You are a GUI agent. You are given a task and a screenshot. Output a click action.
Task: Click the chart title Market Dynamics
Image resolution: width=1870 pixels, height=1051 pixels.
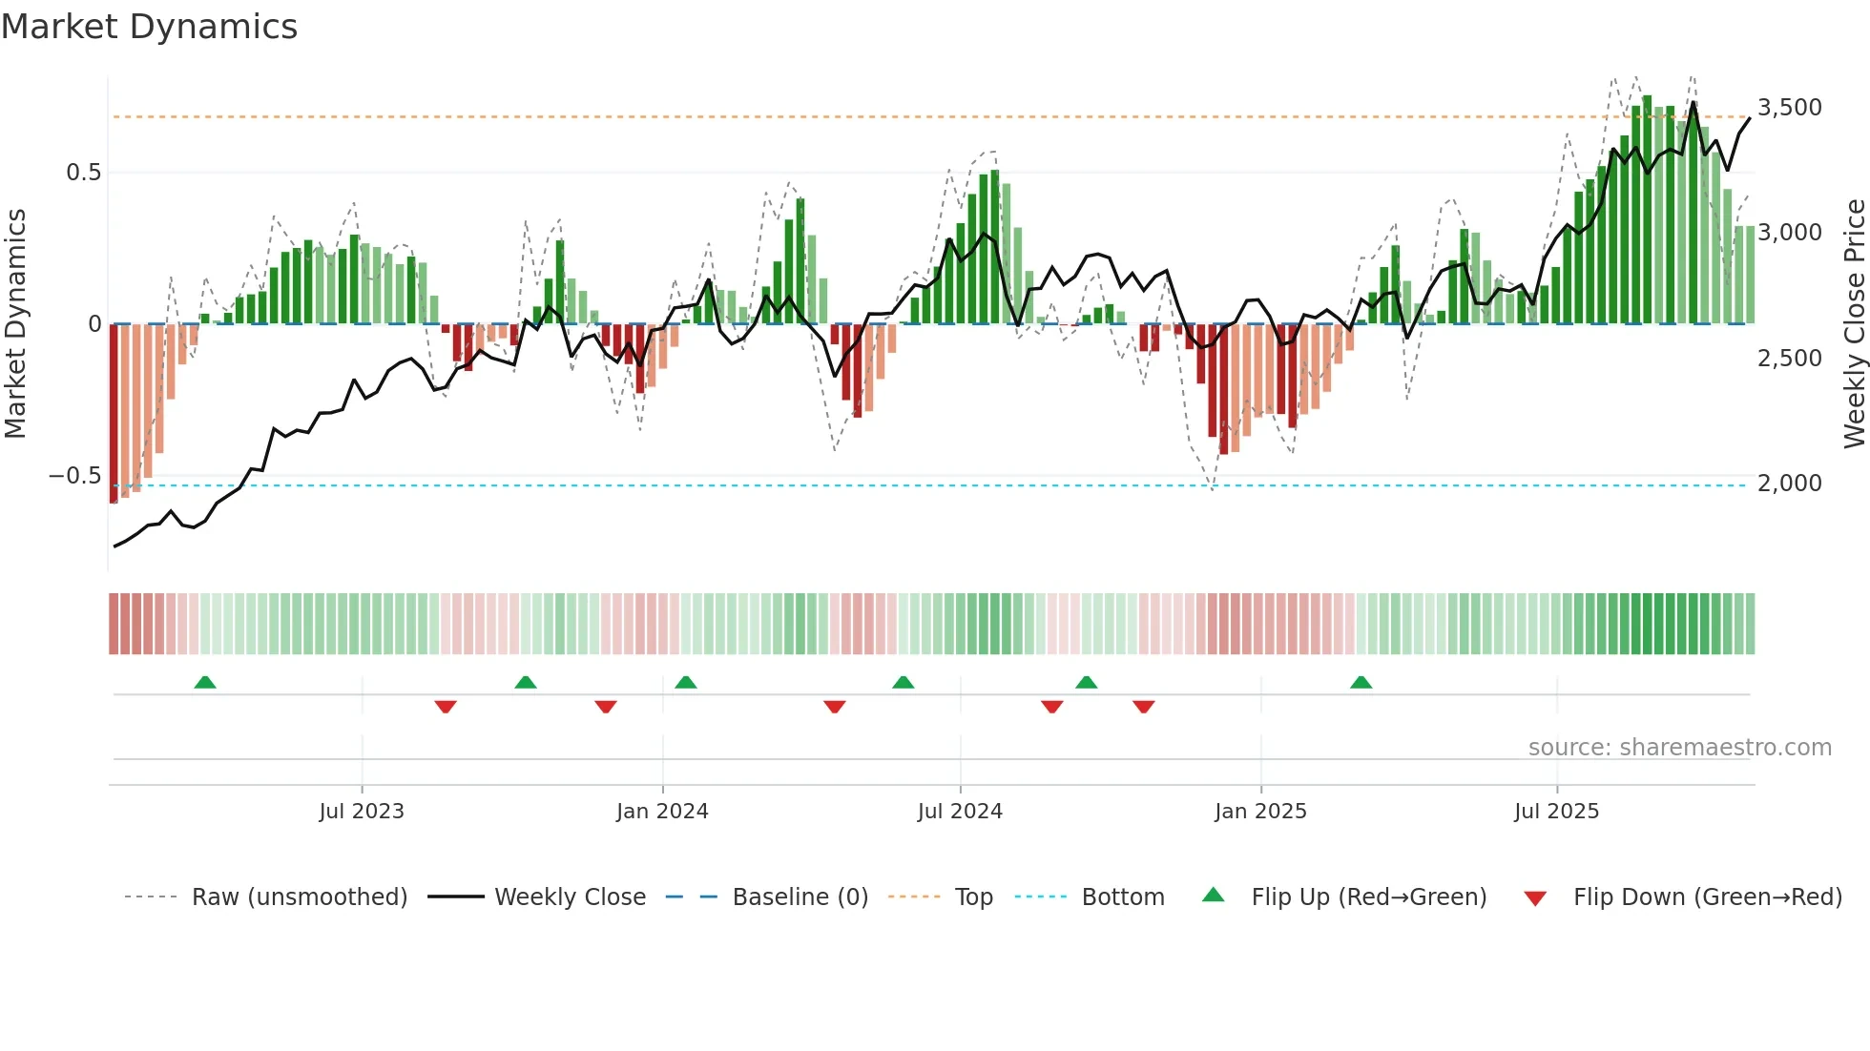[x=149, y=27]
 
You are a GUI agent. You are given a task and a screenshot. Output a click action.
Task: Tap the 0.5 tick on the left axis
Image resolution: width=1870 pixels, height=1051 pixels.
[x=83, y=173]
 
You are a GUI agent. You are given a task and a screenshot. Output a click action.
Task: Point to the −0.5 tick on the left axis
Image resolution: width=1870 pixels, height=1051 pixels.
[x=74, y=476]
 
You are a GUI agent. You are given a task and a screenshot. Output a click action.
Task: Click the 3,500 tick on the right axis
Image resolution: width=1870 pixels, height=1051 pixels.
[x=1789, y=108]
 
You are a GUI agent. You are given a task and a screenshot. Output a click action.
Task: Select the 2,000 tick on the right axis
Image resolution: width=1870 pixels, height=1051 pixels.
[x=1789, y=484]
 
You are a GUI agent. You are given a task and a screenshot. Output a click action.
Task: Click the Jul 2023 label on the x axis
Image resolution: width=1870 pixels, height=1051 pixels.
[x=362, y=812]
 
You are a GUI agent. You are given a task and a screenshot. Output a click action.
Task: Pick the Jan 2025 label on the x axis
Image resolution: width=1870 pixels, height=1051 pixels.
[x=1260, y=812]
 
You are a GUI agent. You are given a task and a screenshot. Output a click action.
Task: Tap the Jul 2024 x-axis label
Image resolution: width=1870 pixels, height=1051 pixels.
[x=960, y=812]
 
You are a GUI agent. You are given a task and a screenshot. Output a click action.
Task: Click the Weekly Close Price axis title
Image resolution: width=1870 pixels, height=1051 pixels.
[x=1854, y=324]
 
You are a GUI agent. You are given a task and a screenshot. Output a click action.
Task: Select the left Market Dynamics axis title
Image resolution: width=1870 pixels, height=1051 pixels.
[x=16, y=324]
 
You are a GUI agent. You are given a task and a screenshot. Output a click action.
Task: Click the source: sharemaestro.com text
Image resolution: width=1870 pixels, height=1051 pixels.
[x=1679, y=748]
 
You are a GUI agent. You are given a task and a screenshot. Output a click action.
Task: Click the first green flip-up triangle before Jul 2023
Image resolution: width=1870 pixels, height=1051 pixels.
[x=205, y=682]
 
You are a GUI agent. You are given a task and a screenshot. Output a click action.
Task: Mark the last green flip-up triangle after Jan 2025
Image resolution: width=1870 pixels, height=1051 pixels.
[x=1361, y=682]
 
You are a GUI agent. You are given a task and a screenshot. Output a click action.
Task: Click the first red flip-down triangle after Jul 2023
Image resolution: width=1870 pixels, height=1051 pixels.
[x=446, y=707]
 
